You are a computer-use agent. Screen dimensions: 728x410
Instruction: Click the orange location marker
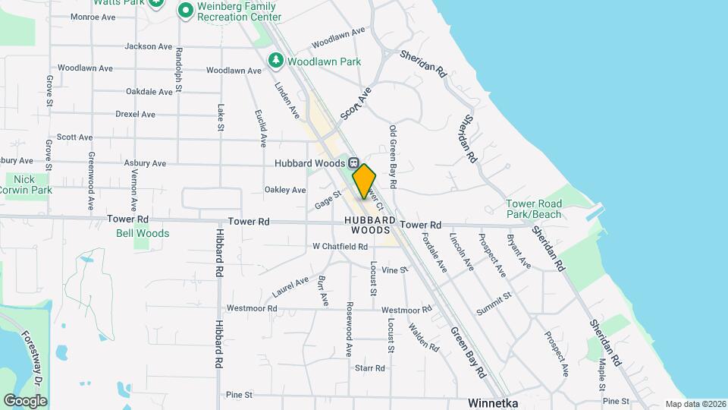coord(365,181)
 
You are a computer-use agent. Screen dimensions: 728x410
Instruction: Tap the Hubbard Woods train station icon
coord(354,163)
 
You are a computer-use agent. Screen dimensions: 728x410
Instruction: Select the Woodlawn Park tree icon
coord(277,59)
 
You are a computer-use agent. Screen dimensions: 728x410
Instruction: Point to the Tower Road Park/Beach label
coord(534,209)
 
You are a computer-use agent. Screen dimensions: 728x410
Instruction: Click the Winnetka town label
coord(493,402)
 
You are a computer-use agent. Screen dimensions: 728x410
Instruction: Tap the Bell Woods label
coord(143,233)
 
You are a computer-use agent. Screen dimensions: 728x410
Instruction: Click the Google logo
coord(25,400)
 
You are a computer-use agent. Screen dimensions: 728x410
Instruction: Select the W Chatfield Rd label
coord(340,247)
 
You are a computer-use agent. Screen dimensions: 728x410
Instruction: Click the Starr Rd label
coord(370,367)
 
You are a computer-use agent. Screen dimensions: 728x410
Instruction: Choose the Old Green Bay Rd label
coord(393,156)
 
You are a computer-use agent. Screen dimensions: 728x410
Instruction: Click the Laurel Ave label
coord(291,288)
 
